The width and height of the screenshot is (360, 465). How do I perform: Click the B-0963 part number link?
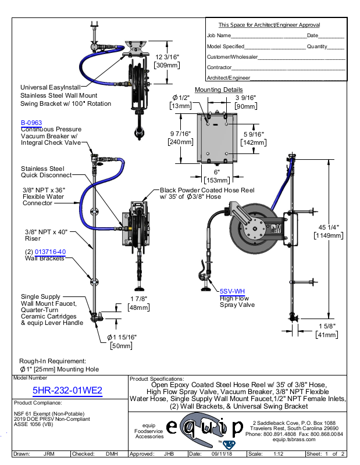pos(31,123)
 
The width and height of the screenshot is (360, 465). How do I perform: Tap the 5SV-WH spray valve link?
pos(232,291)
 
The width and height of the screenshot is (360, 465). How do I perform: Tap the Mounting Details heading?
pos(219,90)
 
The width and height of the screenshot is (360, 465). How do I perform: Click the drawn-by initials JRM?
pos(49,454)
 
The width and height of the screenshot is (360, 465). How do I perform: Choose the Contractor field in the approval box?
pos(219,67)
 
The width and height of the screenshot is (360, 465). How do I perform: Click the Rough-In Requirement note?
pos(53,360)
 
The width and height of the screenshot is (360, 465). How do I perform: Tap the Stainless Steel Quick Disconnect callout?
pos(46,171)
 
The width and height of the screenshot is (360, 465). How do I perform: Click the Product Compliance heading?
pos(38,402)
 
